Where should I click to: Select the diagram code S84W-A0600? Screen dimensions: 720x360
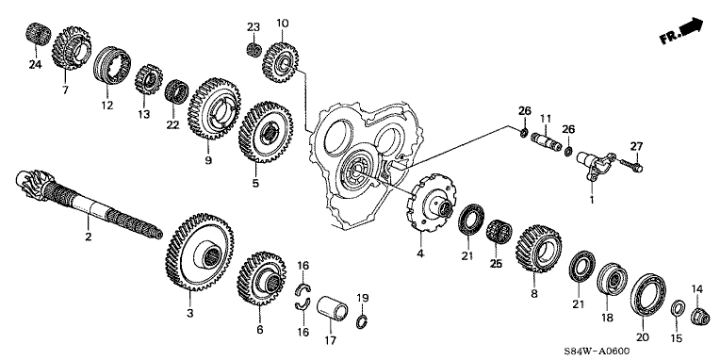pos(597,352)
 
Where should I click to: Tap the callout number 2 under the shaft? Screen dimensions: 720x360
pos(89,237)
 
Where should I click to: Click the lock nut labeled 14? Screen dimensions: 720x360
pos(700,317)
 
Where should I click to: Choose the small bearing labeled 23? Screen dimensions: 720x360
pos(254,49)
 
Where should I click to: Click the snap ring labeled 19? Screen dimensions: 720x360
pos(363,321)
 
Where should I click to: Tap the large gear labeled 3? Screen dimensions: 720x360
pos(199,252)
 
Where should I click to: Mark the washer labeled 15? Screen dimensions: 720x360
pos(679,307)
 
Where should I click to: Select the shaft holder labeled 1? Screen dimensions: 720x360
pos(594,166)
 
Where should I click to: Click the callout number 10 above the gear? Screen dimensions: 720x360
pos(283,23)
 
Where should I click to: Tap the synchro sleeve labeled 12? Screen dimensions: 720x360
pos(112,65)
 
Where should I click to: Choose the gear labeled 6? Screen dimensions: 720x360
pos(262,278)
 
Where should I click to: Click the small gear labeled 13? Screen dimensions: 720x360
pos(149,80)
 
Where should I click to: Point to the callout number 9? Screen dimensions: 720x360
pos(208,161)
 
